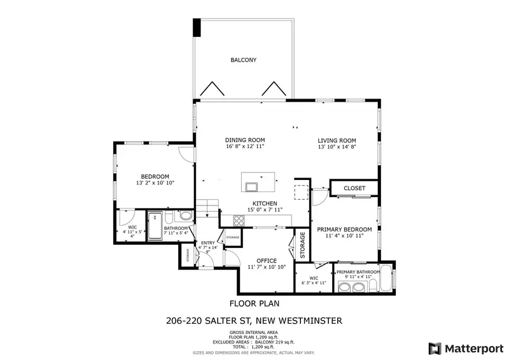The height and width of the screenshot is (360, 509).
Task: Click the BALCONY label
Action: [x=243, y=60]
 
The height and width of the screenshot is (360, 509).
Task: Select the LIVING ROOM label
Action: [x=337, y=141]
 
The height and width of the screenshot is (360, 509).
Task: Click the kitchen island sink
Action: [x=253, y=186]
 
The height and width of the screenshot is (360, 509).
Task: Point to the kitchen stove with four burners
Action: [x=239, y=221]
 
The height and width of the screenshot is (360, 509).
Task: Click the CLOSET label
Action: [x=354, y=188]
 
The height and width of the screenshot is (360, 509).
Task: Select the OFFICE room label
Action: [x=266, y=261]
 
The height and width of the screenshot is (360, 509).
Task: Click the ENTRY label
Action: [x=208, y=243]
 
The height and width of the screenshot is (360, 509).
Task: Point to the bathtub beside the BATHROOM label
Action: [x=155, y=228]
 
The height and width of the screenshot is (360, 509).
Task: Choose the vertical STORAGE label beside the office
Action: [x=303, y=245]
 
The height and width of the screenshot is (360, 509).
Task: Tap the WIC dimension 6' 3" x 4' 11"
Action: [x=313, y=283]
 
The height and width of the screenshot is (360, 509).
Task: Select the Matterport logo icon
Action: [x=435, y=348]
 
